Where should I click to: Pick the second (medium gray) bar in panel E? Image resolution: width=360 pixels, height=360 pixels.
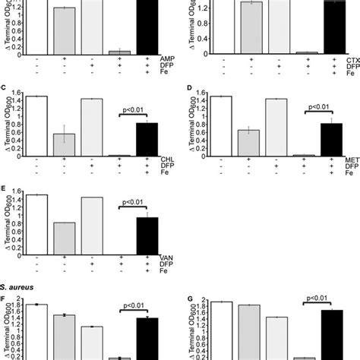coord(65,238)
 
